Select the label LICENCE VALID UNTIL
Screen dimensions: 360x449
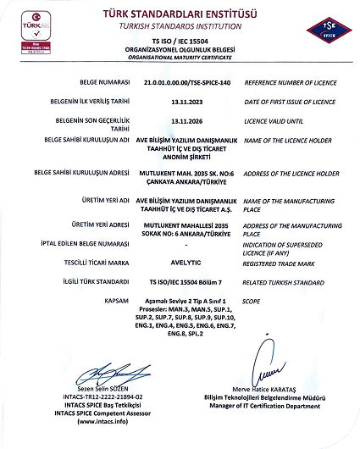277,122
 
